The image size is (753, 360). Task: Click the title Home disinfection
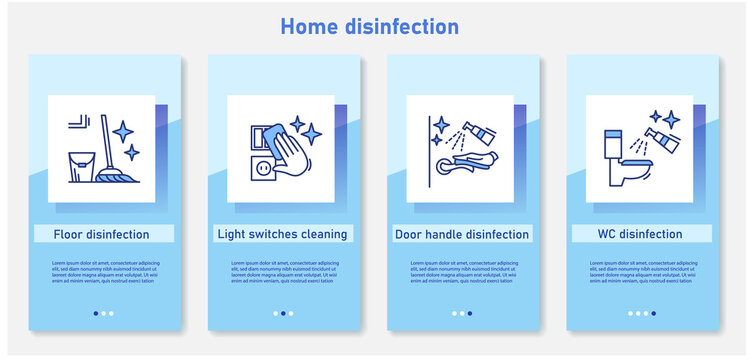[x=369, y=26]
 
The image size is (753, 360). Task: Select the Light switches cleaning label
[x=283, y=234]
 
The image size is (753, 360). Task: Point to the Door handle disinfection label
[x=463, y=234]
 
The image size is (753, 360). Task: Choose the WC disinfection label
[x=641, y=234]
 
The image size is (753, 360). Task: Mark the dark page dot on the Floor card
[x=95, y=313]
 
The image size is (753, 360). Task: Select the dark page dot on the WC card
[x=654, y=313]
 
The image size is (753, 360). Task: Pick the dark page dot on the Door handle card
[x=469, y=313]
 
